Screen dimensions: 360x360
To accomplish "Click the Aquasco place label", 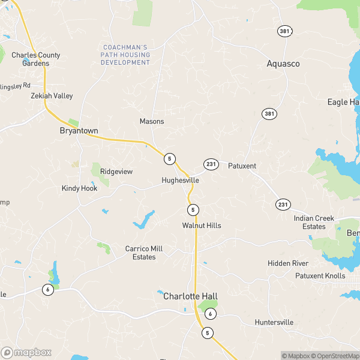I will [x=283, y=63].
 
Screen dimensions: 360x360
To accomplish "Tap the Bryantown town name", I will [x=79, y=130].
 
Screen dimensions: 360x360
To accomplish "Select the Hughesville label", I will [x=180, y=180].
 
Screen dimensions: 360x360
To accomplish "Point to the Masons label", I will [x=152, y=121].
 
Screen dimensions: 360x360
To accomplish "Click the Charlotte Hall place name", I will [x=190, y=296].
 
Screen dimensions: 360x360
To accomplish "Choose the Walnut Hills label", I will [x=202, y=226].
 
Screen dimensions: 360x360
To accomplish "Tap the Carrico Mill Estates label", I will [x=143, y=253].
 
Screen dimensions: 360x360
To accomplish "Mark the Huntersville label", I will [x=274, y=322].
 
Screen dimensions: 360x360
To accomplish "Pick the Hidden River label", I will [x=288, y=263].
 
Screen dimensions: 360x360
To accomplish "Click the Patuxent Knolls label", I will [x=320, y=276].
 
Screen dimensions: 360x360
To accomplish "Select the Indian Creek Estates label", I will [x=314, y=223].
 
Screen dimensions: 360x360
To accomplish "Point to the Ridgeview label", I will [x=116, y=172].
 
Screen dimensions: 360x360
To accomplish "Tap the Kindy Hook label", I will [x=79, y=188].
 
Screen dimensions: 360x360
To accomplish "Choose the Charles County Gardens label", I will [x=36, y=59].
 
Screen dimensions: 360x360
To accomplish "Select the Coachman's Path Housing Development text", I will [x=125, y=55].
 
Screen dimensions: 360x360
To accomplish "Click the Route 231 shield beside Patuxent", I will [x=211, y=164].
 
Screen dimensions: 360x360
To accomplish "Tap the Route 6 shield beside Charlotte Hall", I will [x=210, y=314].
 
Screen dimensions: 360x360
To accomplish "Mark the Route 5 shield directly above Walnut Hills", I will [x=193, y=209].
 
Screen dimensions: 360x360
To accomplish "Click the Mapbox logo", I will [x=26, y=353].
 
